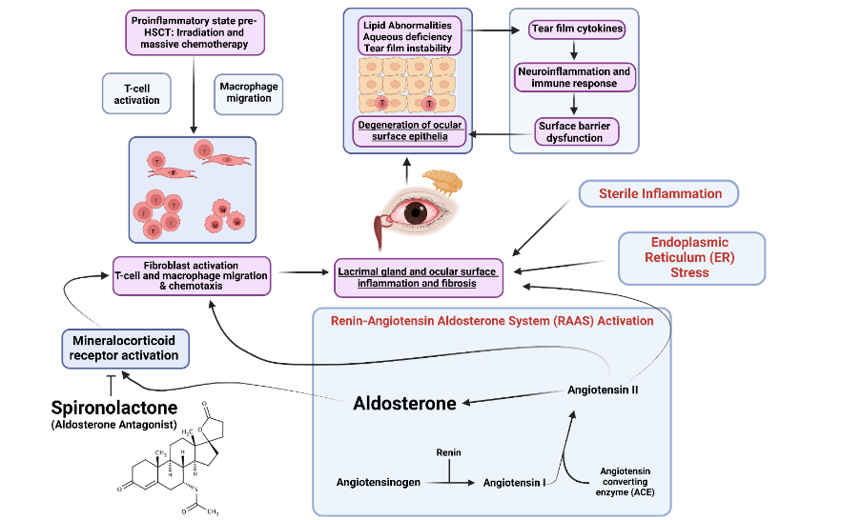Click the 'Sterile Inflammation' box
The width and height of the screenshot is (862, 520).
coord(660,194)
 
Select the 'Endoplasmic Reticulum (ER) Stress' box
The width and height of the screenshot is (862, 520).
coord(691,258)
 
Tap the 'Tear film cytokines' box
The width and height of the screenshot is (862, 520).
coord(577,30)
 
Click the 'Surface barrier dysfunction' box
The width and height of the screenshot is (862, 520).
coord(570,131)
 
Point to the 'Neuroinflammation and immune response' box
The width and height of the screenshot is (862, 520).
coord(574,77)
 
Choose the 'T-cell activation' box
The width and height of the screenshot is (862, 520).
coord(135,93)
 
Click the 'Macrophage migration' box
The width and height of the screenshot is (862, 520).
coord(249,93)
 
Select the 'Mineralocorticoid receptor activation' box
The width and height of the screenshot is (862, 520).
coord(123,348)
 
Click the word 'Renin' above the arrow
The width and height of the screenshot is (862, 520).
coord(449,451)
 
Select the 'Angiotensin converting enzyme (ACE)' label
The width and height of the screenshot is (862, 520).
coord(627,484)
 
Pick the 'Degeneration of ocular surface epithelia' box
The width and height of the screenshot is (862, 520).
coord(411,130)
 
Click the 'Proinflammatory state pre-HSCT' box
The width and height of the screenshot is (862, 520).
coord(194,31)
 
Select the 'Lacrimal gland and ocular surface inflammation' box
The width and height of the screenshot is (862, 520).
coord(419,277)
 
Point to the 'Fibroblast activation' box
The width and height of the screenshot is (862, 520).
coord(192,275)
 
